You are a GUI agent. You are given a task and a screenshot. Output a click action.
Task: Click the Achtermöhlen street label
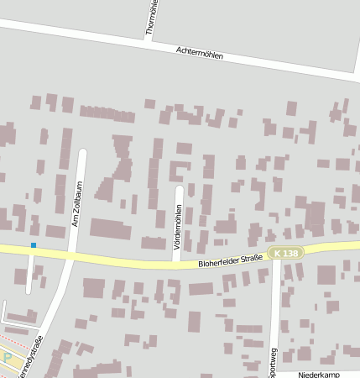pyautogui.click(x=200, y=52)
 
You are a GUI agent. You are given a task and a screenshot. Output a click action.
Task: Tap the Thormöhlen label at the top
pyautogui.click(x=151, y=17)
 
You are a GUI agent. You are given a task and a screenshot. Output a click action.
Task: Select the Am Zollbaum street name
pyautogui.click(x=76, y=209)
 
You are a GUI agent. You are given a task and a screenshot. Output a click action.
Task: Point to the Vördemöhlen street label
pyautogui.click(x=178, y=221)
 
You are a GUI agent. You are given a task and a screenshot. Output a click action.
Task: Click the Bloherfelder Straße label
pyautogui.click(x=231, y=260)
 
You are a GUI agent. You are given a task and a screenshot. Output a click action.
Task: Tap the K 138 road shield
pyautogui.click(x=285, y=253)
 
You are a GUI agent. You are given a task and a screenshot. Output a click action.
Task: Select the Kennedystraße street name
pyautogui.click(x=37, y=358)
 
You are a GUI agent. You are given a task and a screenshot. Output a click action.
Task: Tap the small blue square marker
pyautogui.click(x=34, y=244)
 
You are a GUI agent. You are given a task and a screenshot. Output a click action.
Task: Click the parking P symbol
pyautogui.click(x=8, y=357)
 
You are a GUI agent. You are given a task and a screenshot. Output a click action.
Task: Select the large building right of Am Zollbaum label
pyautogui.click(x=111, y=228)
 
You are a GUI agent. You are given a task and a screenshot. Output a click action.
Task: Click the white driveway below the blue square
pyautogui.click(x=31, y=273)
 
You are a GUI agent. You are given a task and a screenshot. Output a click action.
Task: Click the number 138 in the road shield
pyautogui.click(x=290, y=253)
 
